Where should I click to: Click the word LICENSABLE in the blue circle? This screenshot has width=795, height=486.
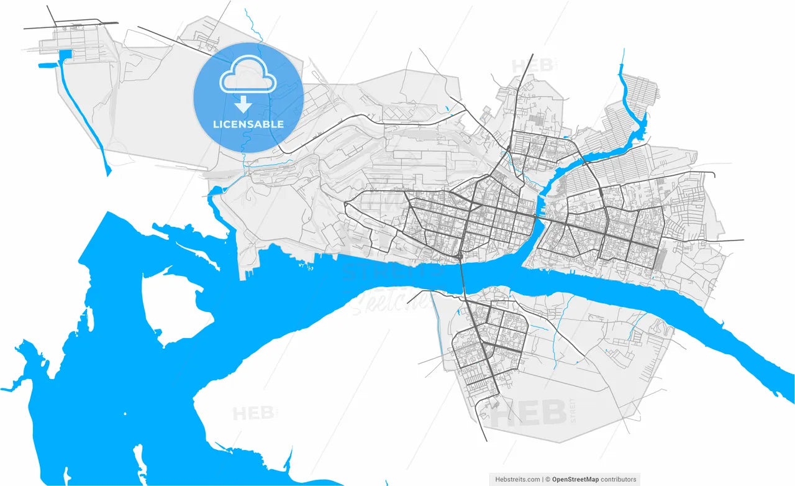pyautogui.click(x=248, y=124)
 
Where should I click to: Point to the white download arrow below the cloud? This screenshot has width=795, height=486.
pyautogui.click(x=243, y=104)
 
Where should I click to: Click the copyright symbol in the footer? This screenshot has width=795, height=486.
pyautogui.click(x=547, y=479)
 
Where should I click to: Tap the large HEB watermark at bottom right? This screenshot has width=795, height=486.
pyautogui.click(x=529, y=413)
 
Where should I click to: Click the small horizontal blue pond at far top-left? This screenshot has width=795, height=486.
pyautogui.click(x=47, y=65)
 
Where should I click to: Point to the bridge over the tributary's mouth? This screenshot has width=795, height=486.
pyautogui.click(x=538, y=218)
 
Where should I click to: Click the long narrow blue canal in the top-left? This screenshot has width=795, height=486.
pyautogui.click(x=84, y=112)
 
